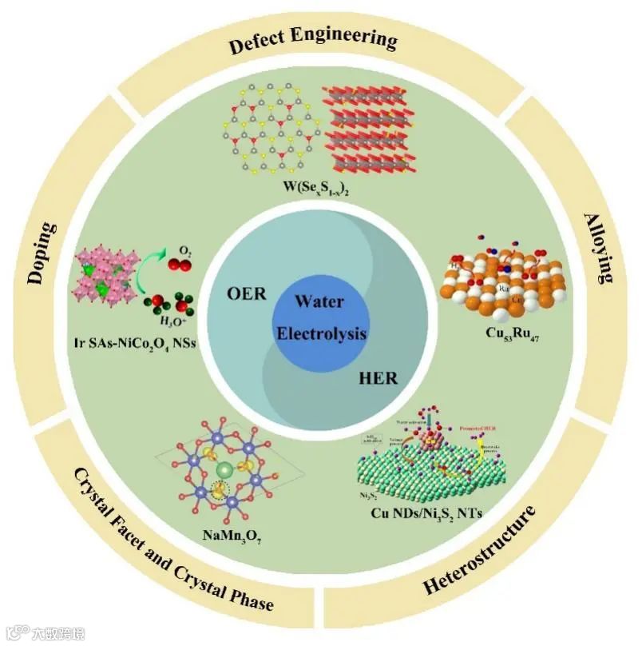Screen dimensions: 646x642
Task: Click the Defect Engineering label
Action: point(313,39)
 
